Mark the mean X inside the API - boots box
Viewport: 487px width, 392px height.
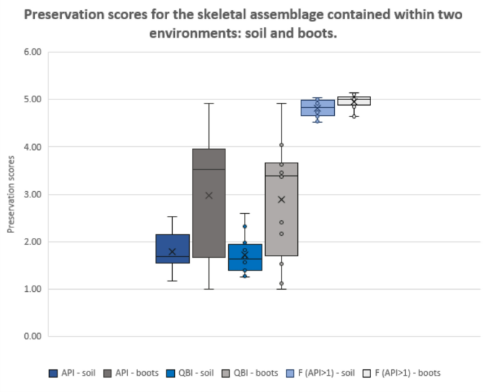pyautogui.click(x=209, y=195)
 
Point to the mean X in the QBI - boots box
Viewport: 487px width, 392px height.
pyautogui.click(x=282, y=200)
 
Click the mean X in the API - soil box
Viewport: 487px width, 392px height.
pyautogui.click(x=172, y=251)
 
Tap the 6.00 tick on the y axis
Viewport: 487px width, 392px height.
pyautogui.click(x=33, y=52)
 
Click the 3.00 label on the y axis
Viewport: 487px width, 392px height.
pyautogui.click(x=33, y=194)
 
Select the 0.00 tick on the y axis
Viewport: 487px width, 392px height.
pyautogui.click(x=33, y=336)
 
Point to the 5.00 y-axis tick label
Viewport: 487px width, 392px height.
pyautogui.click(x=33, y=99)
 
